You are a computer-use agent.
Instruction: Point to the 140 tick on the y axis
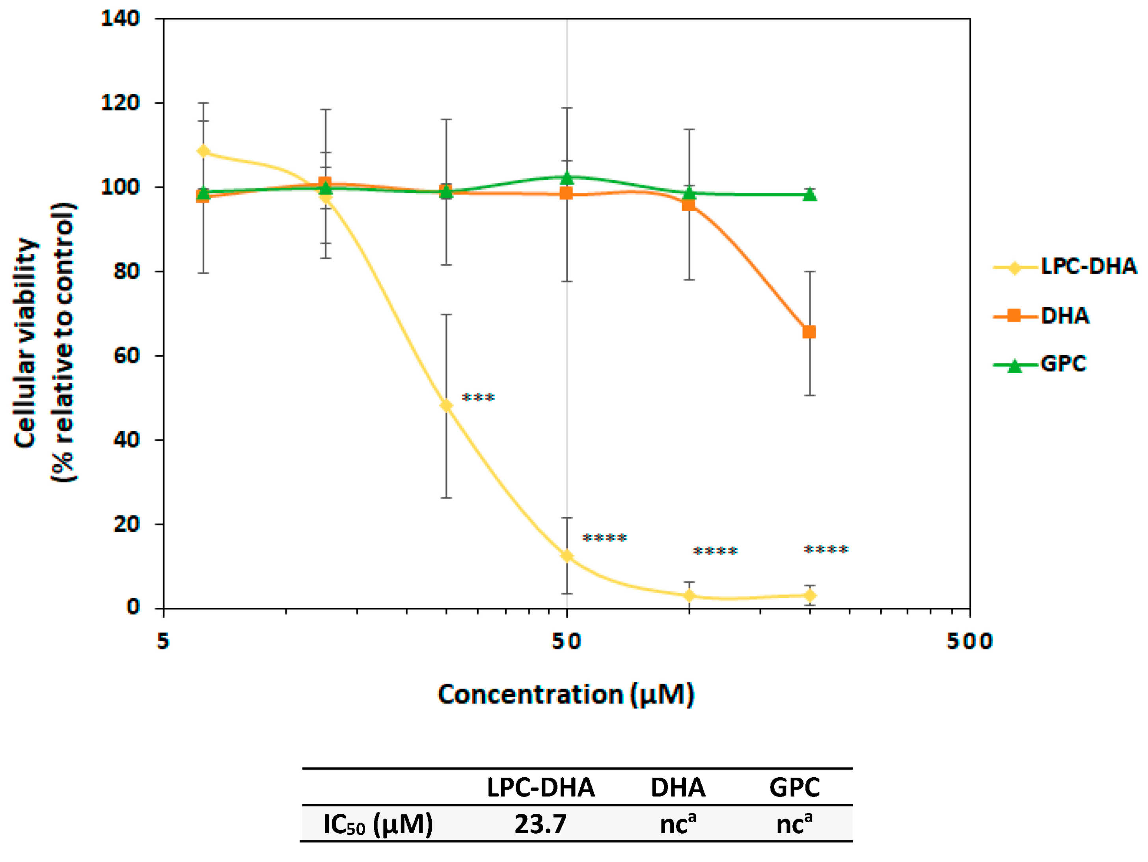[120, 19]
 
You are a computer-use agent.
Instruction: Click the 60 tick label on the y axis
[126, 356]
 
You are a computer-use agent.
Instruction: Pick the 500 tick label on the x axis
[969, 641]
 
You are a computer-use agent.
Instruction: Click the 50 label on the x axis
[566, 641]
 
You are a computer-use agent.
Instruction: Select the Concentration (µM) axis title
[566, 694]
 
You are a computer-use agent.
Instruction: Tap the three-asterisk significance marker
[478, 398]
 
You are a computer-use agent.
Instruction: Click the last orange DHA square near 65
[809, 331]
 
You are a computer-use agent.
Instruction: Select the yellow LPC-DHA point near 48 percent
[446, 405]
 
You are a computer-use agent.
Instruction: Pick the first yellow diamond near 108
[203, 151]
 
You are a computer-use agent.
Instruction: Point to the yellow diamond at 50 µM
[567, 556]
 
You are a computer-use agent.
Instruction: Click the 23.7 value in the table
[540, 824]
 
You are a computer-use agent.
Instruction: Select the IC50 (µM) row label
[378, 824]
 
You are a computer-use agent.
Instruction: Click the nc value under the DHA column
[677, 824]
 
